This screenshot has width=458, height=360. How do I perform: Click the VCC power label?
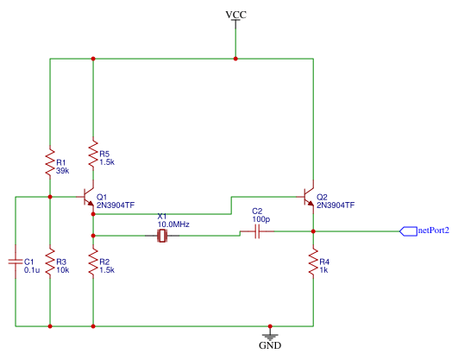pyautogui.click(x=236, y=15)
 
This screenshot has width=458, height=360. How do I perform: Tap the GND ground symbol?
pyautogui.click(x=270, y=338)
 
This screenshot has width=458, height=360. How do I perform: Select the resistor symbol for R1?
pyautogui.click(x=50, y=162)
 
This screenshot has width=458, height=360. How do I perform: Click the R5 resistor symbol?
pyautogui.click(x=93, y=154)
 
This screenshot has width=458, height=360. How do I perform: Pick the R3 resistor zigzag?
pyautogui.click(x=50, y=262)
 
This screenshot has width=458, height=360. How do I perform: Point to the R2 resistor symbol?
pyautogui.click(x=93, y=262)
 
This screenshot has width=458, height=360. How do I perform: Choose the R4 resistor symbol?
pyautogui.click(x=313, y=262)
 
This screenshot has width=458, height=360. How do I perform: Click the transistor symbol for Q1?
pyautogui.click(x=87, y=197)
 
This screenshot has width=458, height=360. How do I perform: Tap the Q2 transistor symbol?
pyautogui.click(x=307, y=197)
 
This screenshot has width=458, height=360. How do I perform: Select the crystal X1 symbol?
pyautogui.click(x=162, y=236)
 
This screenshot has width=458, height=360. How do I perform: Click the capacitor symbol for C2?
pyautogui.click(x=257, y=231)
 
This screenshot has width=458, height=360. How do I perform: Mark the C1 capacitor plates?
pyautogui.click(x=16, y=262)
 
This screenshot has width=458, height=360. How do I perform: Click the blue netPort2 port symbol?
pyautogui.click(x=408, y=231)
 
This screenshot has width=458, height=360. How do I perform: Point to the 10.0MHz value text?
pyautogui.click(x=173, y=224)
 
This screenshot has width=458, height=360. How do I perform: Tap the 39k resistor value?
pyautogui.click(x=62, y=171)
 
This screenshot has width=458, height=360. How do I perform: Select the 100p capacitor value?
pyautogui.click(x=261, y=219)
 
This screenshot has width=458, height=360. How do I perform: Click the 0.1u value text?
pyautogui.click(x=32, y=270)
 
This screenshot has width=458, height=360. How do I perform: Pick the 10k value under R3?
pyautogui.click(x=62, y=270)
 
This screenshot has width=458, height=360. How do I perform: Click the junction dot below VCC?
pyautogui.click(x=235, y=59)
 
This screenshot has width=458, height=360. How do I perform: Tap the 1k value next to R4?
pyautogui.click(x=323, y=270)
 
